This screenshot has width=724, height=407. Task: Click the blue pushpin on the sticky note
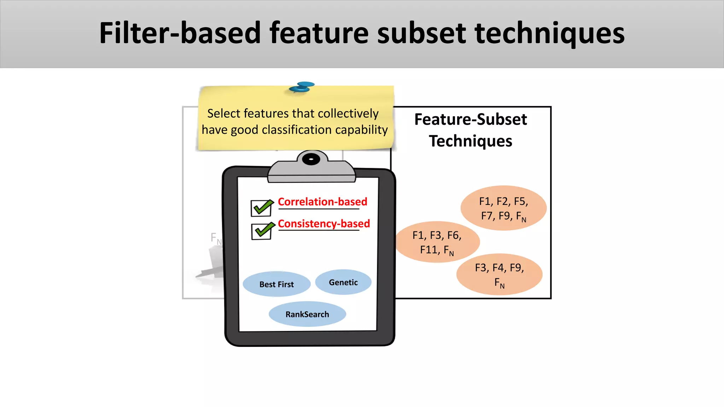302,87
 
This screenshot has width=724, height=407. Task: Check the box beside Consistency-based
262,231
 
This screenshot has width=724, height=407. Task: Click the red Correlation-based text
322,202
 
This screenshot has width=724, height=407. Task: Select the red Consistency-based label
323,224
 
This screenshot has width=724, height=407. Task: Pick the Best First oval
276,284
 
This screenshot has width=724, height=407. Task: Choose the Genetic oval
343,282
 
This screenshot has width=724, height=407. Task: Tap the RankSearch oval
307,314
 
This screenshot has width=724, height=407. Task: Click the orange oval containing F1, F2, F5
503,208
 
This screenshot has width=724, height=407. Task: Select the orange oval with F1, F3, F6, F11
437,242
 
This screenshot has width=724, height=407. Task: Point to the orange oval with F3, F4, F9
499,275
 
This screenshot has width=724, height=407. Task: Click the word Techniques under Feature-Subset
471,141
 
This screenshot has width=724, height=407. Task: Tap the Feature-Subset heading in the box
471,119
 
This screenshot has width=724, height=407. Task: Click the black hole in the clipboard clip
311,159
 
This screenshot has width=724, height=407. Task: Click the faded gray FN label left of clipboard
216,238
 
